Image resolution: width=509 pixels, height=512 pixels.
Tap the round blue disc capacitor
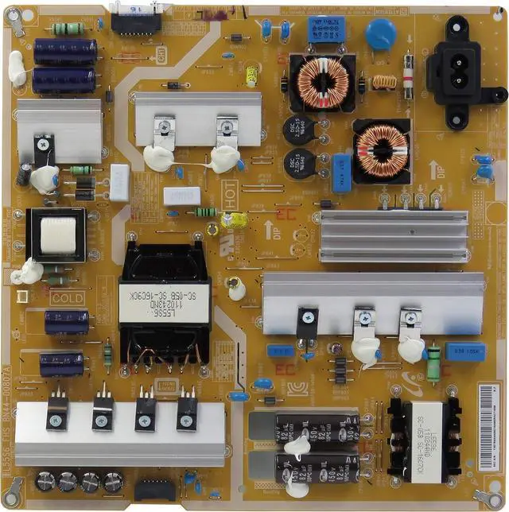coord(381,34)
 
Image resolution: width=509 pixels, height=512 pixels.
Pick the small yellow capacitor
coord(251,76)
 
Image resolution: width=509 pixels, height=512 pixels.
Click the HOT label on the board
coord(231,200)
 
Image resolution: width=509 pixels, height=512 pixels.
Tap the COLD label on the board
coord(67,299)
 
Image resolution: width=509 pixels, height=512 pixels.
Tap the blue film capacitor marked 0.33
coord(466,348)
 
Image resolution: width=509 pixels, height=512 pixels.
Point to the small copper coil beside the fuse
coord(385,81)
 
